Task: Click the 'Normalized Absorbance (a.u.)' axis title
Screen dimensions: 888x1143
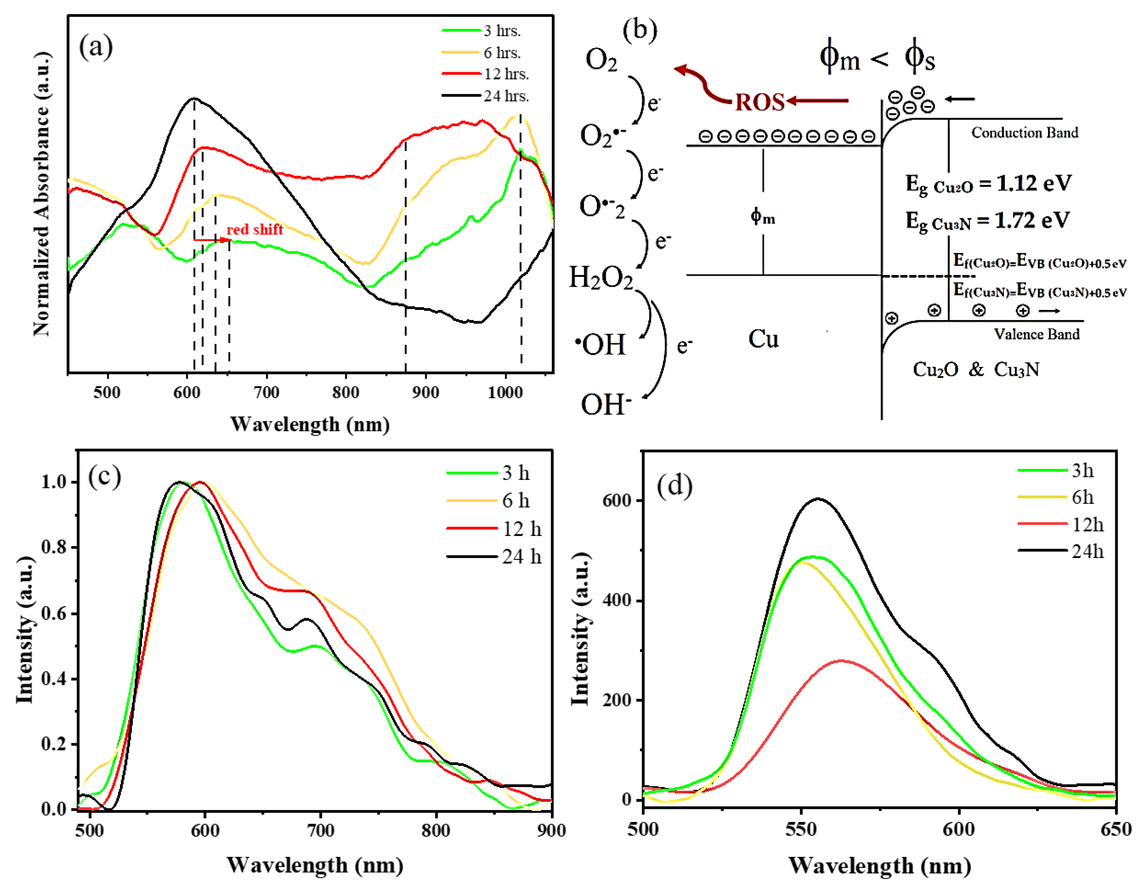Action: [x=42, y=194]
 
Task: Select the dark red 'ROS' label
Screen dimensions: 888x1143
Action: [x=759, y=102]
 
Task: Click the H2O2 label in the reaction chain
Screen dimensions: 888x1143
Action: [x=601, y=278]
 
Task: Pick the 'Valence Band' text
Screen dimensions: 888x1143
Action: [x=1036, y=334]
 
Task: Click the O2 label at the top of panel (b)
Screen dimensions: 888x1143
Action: [x=601, y=60]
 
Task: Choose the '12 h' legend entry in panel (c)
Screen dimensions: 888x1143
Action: [x=521, y=529]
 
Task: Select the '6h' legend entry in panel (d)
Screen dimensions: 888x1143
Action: [x=1082, y=497]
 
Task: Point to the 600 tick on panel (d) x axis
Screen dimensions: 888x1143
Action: [x=959, y=829]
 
